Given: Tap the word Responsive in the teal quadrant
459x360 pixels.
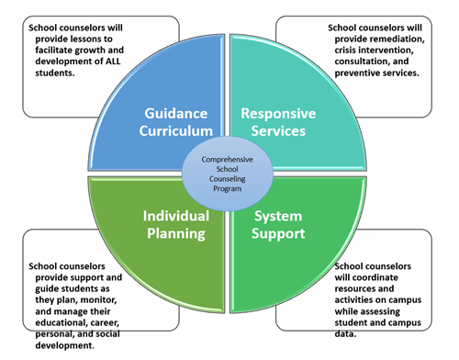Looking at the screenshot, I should [x=278, y=113].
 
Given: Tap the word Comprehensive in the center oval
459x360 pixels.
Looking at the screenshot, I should [x=226, y=157].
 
